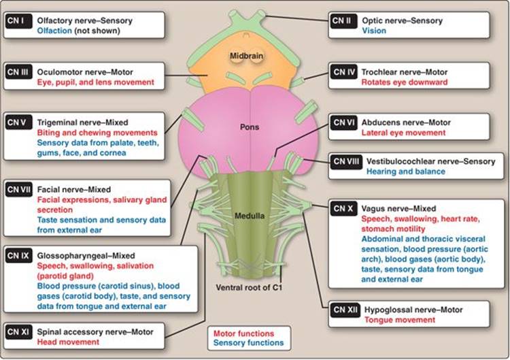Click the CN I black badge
click(x=18, y=21)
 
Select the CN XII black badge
click(x=345, y=310)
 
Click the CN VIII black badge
click(x=346, y=162)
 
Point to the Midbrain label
click(x=246, y=56)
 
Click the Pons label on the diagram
click(x=250, y=127)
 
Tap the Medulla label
click(x=250, y=216)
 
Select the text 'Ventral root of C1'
click(x=249, y=288)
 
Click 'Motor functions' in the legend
click(x=243, y=333)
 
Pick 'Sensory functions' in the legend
click(x=248, y=343)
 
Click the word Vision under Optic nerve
click(x=374, y=31)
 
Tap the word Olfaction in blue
click(x=54, y=31)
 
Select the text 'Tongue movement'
click(x=400, y=320)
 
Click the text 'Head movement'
click(x=68, y=342)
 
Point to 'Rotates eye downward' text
click(x=405, y=82)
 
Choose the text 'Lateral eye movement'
click(x=403, y=133)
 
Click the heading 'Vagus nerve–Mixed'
click(x=398, y=209)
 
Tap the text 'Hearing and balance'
click(x=406, y=171)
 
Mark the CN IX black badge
click(x=18, y=256)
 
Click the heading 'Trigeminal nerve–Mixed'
click(x=82, y=122)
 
